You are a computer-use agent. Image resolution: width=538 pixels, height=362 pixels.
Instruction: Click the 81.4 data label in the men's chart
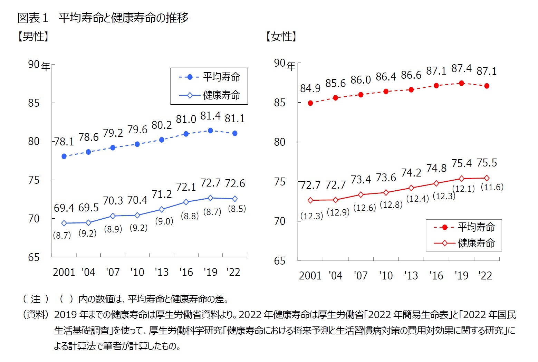(x=210, y=116)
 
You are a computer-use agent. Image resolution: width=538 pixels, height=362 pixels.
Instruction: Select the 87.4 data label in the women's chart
(x=461, y=69)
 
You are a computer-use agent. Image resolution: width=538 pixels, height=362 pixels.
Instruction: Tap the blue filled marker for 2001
(x=64, y=156)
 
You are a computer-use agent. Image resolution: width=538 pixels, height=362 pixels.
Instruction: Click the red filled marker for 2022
(x=487, y=86)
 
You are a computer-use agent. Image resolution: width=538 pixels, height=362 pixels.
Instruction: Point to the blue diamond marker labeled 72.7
(x=210, y=198)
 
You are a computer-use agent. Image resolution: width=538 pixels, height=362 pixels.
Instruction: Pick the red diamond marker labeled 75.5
(x=487, y=178)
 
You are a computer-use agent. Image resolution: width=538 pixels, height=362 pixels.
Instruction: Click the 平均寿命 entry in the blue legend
(x=221, y=77)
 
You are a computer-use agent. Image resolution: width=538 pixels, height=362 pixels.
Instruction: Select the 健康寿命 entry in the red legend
(x=476, y=243)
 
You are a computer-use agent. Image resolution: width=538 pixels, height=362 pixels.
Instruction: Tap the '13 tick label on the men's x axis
(x=161, y=272)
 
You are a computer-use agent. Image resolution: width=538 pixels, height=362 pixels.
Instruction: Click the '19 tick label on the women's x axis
(x=461, y=276)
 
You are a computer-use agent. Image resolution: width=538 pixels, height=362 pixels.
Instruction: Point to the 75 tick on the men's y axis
(x=34, y=180)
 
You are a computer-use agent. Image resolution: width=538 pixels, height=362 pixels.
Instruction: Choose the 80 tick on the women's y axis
(x=280, y=142)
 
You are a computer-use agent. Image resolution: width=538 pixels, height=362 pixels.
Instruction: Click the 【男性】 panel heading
(x=33, y=37)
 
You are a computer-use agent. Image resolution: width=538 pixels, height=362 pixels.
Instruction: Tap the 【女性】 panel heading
(x=281, y=37)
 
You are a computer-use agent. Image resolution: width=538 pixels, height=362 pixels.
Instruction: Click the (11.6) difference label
(x=492, y=187)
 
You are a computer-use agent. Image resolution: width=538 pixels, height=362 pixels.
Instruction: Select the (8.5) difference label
(x=237, y=209)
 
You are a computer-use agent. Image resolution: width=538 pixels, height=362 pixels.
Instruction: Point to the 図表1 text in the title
(x=33, y=18)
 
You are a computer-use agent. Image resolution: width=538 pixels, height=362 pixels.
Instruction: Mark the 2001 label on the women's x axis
(x=310, y=276)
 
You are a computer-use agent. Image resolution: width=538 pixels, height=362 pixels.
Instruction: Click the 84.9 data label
(x=310, y=89)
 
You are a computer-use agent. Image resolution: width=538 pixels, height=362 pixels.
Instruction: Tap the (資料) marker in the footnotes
(x=35, y=315)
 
